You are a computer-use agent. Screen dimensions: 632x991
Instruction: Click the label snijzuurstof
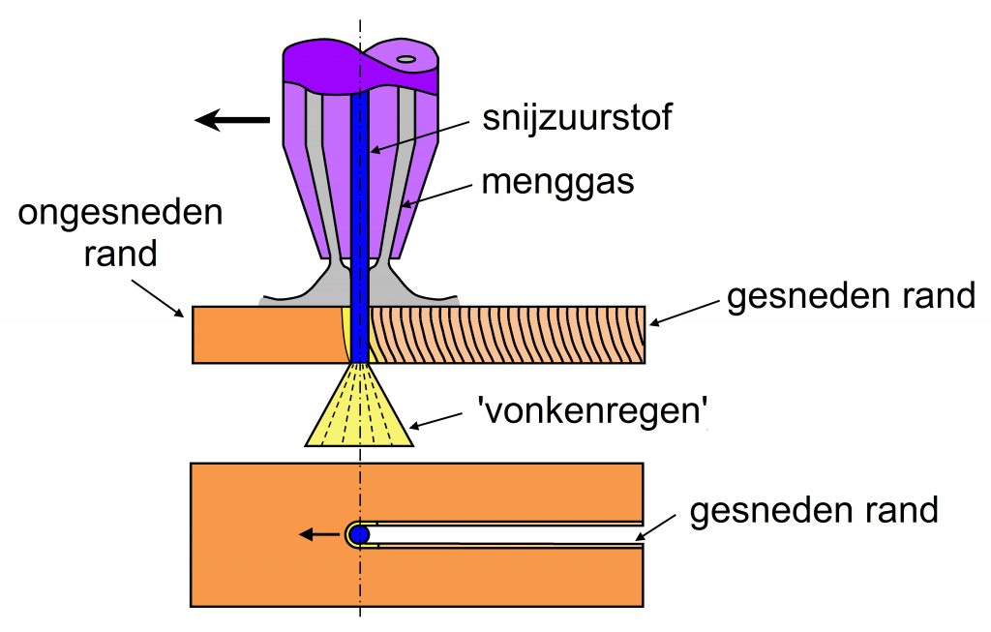[578, 119]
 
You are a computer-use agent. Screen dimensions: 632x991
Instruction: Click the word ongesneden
[120, 214]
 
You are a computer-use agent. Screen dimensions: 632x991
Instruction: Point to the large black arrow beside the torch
[232, 120]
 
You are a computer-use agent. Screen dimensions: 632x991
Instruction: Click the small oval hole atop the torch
[406, 59]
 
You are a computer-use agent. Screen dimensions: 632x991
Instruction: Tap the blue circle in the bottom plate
[360, 534]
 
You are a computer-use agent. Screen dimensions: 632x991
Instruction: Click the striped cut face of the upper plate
[508, 335]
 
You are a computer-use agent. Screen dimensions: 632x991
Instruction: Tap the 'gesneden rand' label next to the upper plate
[851, 296]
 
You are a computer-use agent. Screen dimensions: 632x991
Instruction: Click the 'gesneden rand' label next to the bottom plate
[814, 510]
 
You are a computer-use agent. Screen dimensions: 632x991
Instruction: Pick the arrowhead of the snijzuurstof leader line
[373, 151]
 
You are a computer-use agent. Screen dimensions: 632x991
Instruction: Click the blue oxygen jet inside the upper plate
[360, 335]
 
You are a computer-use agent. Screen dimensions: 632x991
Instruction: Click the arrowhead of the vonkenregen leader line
[413, 426]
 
